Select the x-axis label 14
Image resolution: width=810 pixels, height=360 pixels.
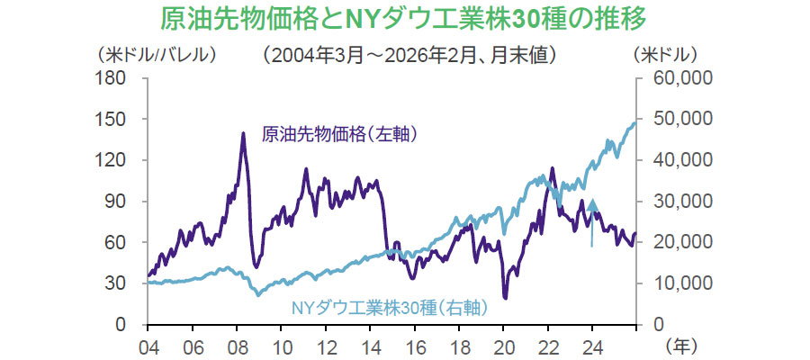coord(370,345)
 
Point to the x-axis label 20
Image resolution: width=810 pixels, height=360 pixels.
coord(503,345)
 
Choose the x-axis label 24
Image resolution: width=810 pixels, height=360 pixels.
coord(592,345)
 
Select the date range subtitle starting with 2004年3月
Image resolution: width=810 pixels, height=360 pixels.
coord(409,55)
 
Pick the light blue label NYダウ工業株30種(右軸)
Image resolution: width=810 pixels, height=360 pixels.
coord(389,308)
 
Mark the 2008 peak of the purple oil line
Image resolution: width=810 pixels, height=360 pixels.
coord(243,133)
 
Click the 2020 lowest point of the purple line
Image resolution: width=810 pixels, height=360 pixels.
coord(505,297)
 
